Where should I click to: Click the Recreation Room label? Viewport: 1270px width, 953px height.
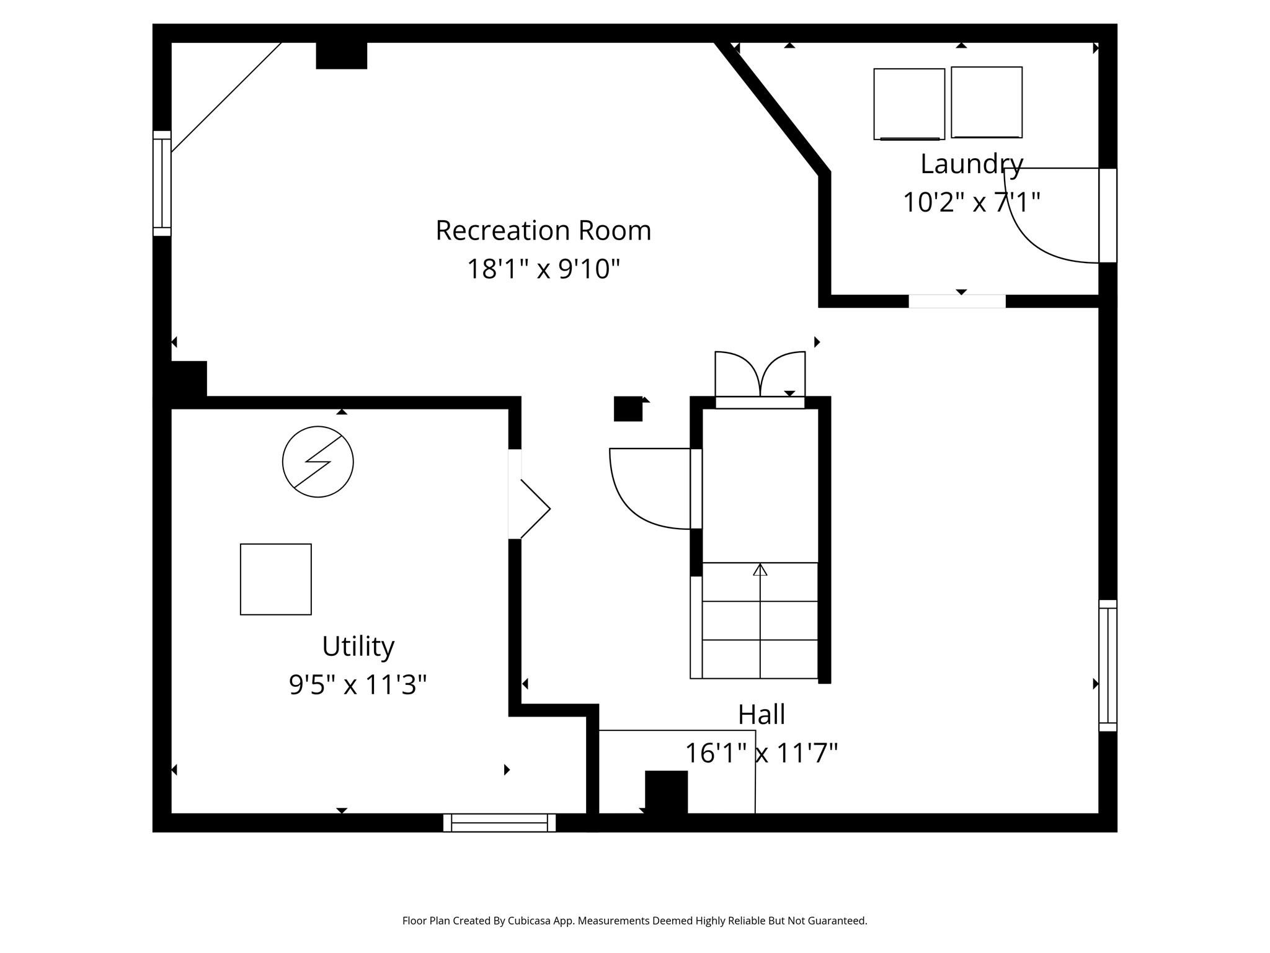click(543, 231)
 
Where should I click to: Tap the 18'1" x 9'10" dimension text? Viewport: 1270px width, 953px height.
click(543, 269)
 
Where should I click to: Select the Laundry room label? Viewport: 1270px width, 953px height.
click(971, 164)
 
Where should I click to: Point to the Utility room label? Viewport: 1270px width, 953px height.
click(358, 647)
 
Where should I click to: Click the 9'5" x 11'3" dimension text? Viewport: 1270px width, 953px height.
click(358, 685)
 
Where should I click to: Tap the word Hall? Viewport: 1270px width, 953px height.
click(762, 715)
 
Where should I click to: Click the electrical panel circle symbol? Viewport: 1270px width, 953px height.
click(317, 462)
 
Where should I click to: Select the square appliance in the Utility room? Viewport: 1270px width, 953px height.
click(276, 579)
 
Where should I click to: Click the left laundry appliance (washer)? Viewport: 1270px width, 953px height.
click(909, 104)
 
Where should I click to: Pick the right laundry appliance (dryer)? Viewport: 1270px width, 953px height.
click(987, 102)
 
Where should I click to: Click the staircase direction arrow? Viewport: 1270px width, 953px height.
click(760, 570)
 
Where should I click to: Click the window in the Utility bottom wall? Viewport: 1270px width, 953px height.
click(499, 823)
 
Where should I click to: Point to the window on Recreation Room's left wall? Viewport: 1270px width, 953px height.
click(162, 184)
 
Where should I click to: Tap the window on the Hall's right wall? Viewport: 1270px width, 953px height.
click(1108, 665)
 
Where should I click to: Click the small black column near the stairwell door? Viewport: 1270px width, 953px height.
click(628, 409)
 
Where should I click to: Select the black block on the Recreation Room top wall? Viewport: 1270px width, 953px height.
click(341, 55)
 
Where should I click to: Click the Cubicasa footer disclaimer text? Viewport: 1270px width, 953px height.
click(634, 921)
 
